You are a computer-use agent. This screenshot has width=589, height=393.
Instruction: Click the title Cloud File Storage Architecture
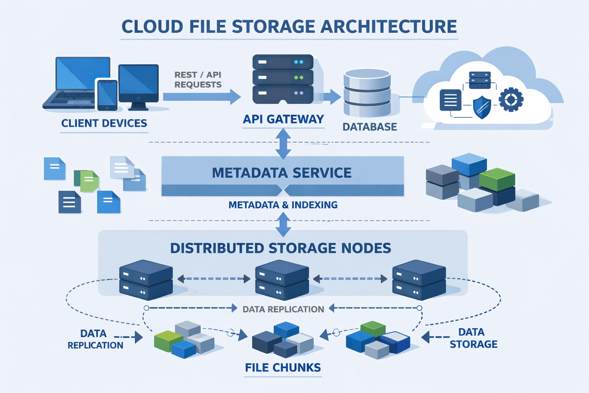click(289, 27)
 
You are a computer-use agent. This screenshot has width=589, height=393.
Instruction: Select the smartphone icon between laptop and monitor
click(107, 94)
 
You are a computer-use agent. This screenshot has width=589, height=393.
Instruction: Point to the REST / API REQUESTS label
click(198, 80)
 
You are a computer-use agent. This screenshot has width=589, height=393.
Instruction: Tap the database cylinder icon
click(367, 92)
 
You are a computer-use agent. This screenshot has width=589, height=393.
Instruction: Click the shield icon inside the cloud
click(482, 107)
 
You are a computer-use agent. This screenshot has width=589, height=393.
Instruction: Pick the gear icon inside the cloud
click(511, 99)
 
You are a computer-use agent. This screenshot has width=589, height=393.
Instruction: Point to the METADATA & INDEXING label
click(283, 205)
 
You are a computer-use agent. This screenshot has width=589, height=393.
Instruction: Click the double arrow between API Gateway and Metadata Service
click(283, 144)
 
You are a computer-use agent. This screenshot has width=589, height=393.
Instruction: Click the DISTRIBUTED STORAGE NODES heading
click(281, 248)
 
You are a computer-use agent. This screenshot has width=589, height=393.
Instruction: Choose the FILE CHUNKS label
click(283, 368)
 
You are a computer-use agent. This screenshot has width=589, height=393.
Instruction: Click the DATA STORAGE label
click(473, 338)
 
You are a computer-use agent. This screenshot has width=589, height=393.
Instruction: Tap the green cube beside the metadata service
click(497, 179)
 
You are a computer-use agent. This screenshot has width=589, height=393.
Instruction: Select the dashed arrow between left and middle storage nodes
click(214, 279)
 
